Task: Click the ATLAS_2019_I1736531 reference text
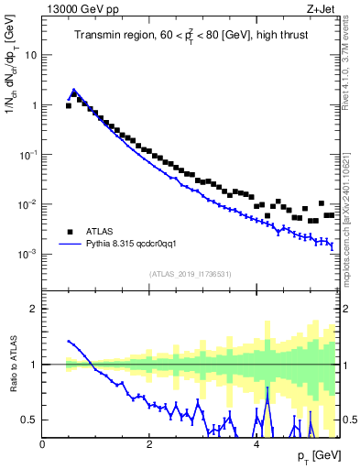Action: pos(190,274)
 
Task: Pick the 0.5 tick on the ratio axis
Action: pos(31,420)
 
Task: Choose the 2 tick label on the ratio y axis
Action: pos(35,309)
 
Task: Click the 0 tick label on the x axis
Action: pos(43,444)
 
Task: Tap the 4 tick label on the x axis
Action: pos(256,444)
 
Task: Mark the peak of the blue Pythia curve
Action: pos(74,90)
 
